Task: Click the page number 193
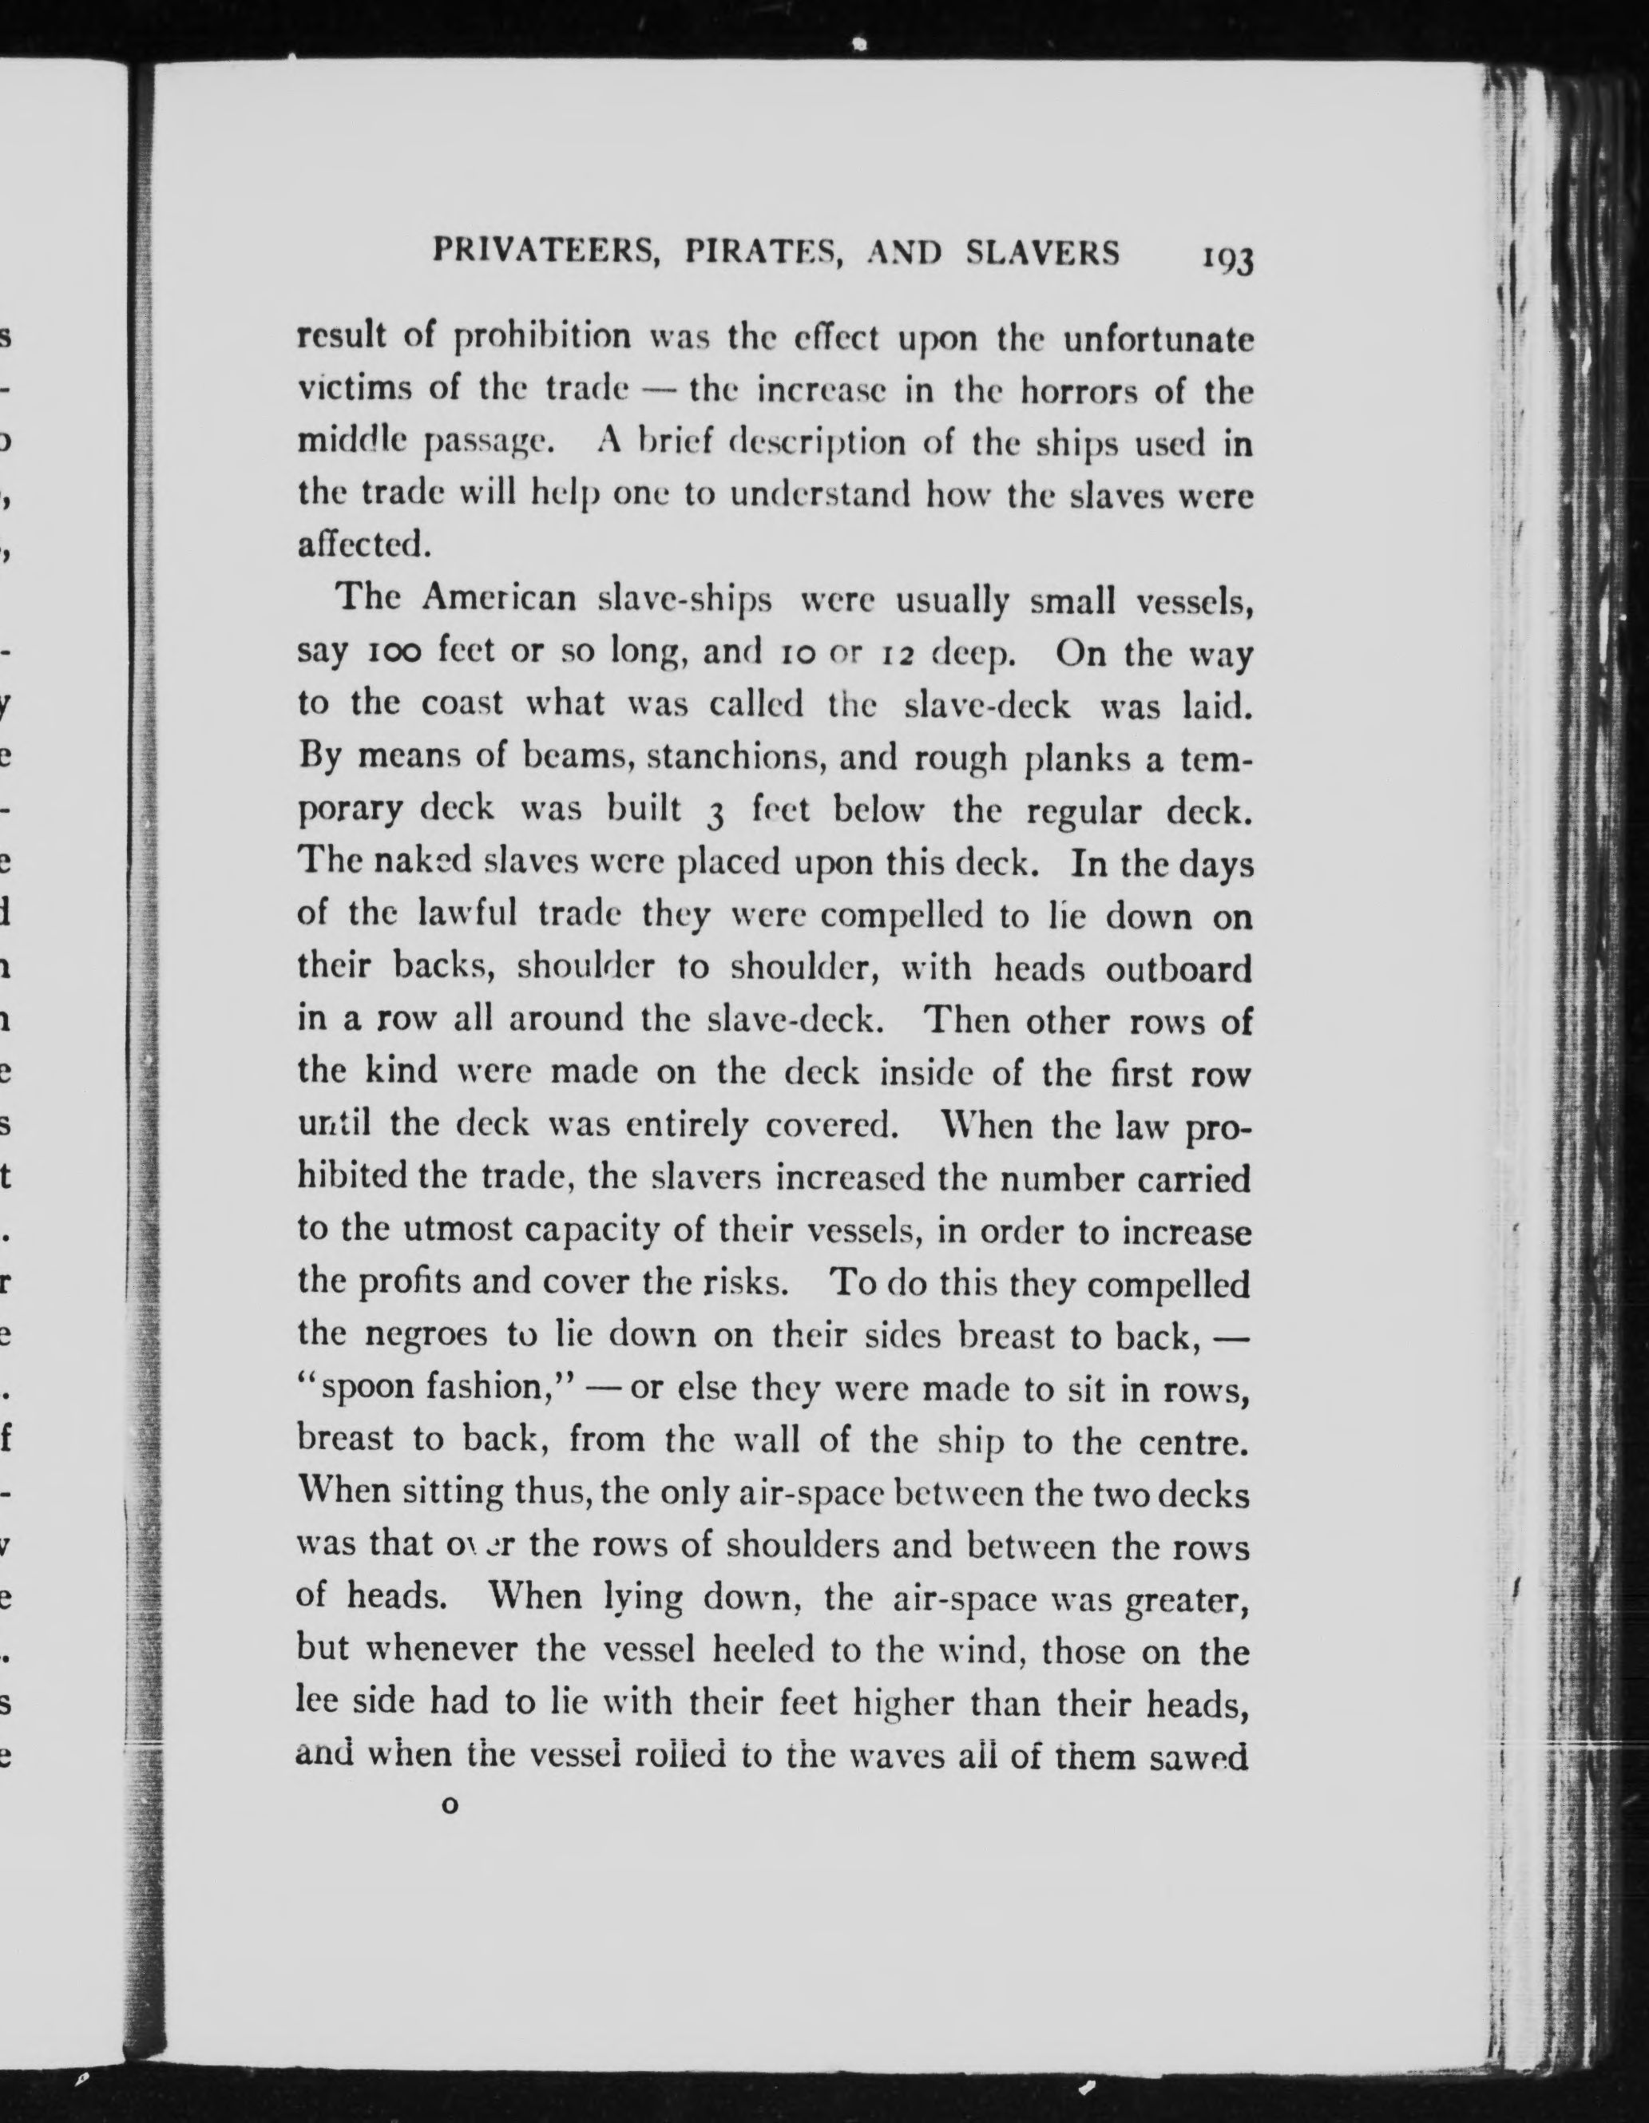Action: coord(1228,260)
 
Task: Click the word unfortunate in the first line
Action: coord(1156,339)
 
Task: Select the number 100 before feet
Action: coord(394,651)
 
